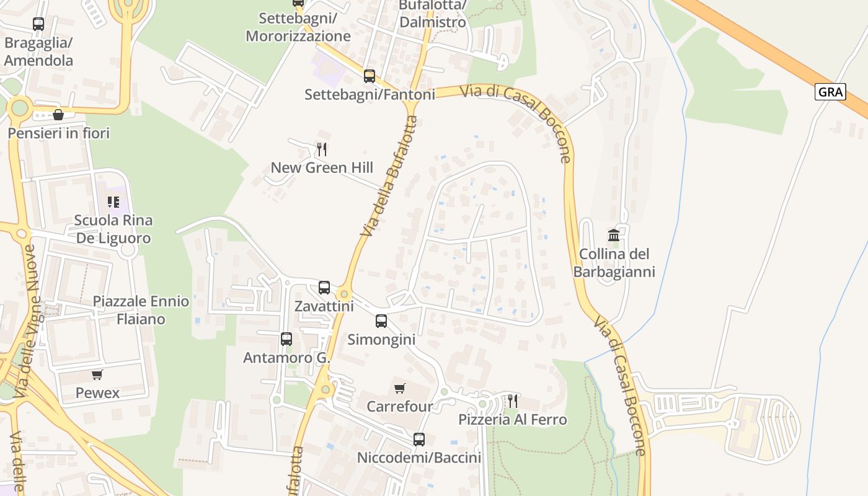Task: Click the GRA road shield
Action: pos(830,92)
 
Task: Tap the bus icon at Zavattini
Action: pos(324,287)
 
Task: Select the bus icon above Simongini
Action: pos(381,321)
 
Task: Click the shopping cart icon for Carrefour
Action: pos(400,388)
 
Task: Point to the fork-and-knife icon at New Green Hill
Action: pos(321,149)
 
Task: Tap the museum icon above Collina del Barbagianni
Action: pos(614,235)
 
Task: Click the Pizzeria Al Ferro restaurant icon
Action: pos(512,401)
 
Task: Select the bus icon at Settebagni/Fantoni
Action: pos(370,76)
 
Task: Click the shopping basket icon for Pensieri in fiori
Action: pos(58,115)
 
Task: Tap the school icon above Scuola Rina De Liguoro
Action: pos(113,201)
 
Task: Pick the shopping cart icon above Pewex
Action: pos(97,374)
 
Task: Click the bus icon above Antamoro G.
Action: pos(286,339)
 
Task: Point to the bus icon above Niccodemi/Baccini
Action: pos(419,440)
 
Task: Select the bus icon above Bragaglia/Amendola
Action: pos(38,24)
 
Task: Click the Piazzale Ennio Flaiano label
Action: pos(141,310)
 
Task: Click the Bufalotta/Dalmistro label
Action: pos(432,14)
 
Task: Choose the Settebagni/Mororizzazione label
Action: pos(298,27)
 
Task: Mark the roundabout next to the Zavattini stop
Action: pos(344,293)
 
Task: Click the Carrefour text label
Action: pos(400,407)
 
